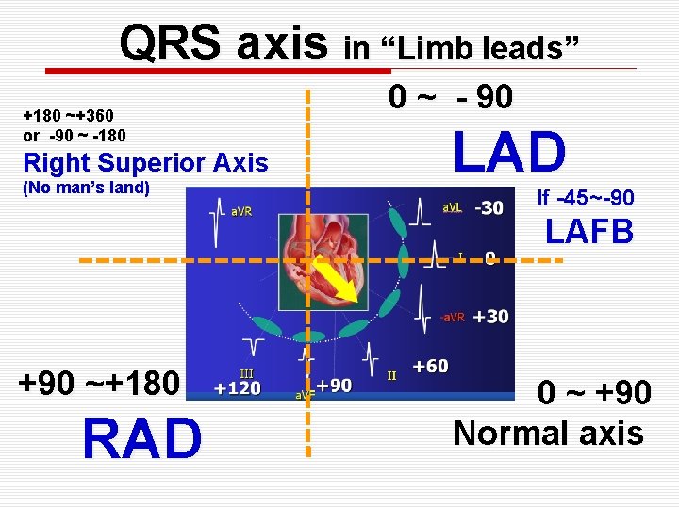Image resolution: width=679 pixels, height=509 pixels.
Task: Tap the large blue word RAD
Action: [x=141, y=439]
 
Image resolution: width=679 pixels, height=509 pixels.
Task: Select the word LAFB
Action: [x=588, y=231]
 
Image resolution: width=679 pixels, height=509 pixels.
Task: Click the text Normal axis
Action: [x=548, y=433]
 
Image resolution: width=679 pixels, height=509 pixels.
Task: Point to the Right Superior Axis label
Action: [x=145, y=163]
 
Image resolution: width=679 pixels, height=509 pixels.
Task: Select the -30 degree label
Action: [x=489, y=207]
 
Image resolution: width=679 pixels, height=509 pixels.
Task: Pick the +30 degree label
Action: [x=490, y=317]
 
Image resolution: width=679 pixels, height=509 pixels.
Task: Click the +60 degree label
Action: [x=430, y=366]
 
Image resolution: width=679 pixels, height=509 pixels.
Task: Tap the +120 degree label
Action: [x=238, y=388]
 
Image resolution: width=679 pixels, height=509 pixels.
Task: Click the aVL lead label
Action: [x=453, y=207]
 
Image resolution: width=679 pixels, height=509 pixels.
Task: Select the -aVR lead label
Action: [x=452, y=318]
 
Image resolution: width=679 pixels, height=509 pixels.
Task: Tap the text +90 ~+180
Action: [x=99, y=384]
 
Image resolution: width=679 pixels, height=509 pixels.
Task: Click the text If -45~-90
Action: [x=585, y=198]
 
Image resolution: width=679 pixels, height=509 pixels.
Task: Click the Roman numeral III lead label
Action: [x=246, y=374]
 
